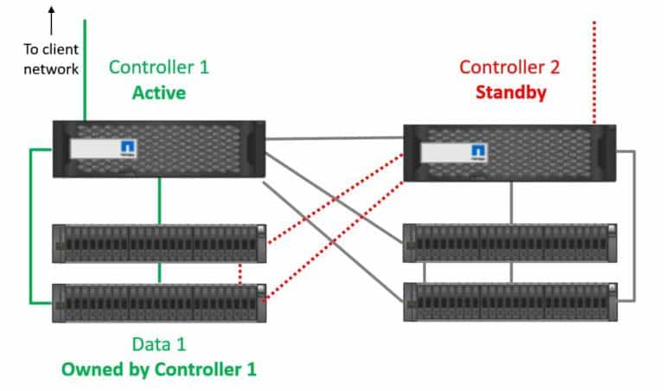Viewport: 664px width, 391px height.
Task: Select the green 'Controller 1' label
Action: tap(158, 67)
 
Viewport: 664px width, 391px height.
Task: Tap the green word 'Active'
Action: tap(158, 92)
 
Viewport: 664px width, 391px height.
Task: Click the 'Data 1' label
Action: tap(158, 344)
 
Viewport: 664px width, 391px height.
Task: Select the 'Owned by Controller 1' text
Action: tap(158, 369)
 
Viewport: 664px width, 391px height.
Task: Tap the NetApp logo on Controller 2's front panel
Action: tap(478, 153)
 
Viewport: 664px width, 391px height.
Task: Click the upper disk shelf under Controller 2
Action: tap(510, 243)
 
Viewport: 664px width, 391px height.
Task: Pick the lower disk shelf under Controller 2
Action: tap(510, 302)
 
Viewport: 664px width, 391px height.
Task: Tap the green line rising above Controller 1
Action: tap(85, 69)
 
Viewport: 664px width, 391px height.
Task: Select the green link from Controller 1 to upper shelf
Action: tap(159, 201)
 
